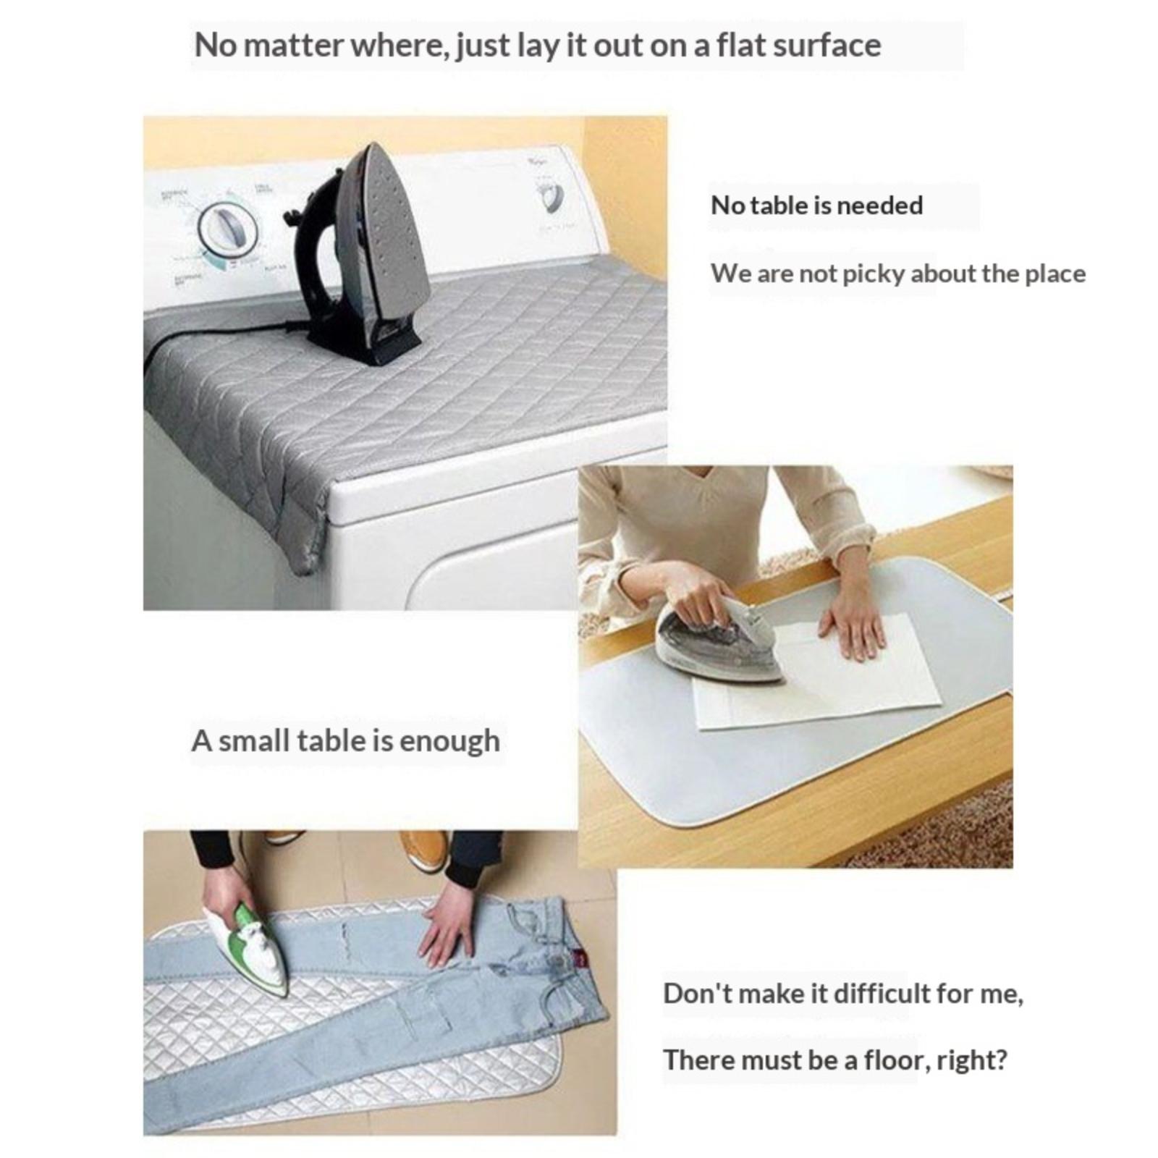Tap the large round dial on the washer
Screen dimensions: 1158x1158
point(228,230)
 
